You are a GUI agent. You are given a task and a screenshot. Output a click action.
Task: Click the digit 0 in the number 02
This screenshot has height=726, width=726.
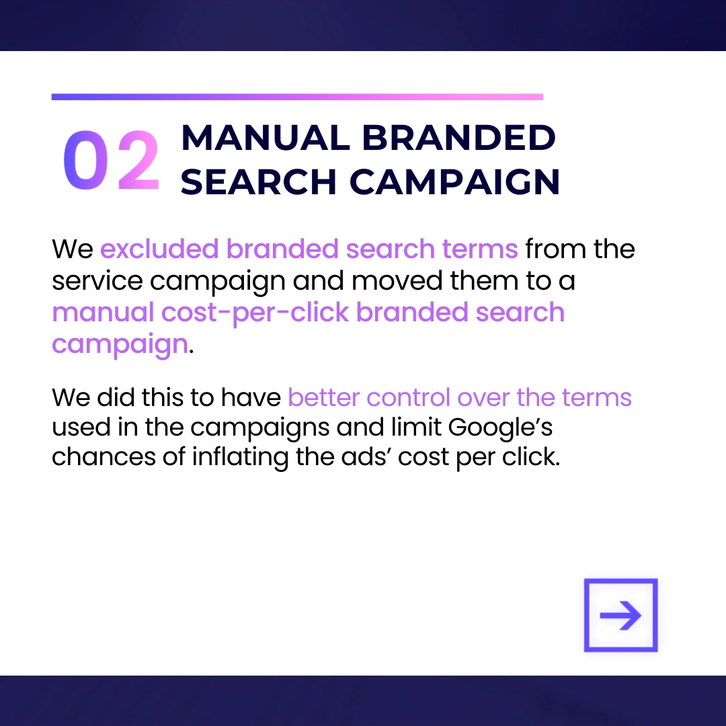click(x=85, y=160)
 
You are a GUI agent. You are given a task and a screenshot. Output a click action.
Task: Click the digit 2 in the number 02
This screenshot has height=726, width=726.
click(x=138, y=160)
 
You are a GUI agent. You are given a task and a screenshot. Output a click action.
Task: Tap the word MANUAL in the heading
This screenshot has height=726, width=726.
click(x=266, y=138)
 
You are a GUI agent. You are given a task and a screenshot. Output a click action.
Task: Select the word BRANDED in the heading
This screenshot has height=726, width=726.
click(x=458, y=138)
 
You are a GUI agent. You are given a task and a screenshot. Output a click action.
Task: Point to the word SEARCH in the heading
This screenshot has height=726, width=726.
click(x=258, y=182)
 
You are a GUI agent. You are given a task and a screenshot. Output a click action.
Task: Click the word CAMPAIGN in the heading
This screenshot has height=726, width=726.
click(x=454, y=182)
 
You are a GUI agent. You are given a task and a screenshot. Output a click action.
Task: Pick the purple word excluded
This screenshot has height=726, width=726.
click(x=159, y=249)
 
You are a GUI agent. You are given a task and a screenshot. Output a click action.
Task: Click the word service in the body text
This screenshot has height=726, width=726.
click(x=97, y=280)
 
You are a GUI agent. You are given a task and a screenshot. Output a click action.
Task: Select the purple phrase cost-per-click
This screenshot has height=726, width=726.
click(x=255, y=313)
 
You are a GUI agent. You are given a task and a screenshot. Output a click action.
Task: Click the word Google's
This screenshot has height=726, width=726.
click(x=500, y=428)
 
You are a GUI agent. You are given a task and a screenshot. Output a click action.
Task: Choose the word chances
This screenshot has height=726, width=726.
click(x=104, y=457)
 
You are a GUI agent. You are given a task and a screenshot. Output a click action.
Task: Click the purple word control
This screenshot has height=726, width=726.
click(x=408, y=397)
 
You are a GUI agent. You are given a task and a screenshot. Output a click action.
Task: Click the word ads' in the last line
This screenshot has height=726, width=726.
click(x=366, y=457)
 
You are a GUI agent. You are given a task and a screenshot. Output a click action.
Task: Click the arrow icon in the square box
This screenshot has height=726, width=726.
click(x=620, y=615)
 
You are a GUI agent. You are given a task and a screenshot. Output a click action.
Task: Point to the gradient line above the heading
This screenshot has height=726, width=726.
click(x=297, y=97)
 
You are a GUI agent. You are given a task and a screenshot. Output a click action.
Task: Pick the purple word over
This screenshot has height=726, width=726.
click(x=483, y=398)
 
